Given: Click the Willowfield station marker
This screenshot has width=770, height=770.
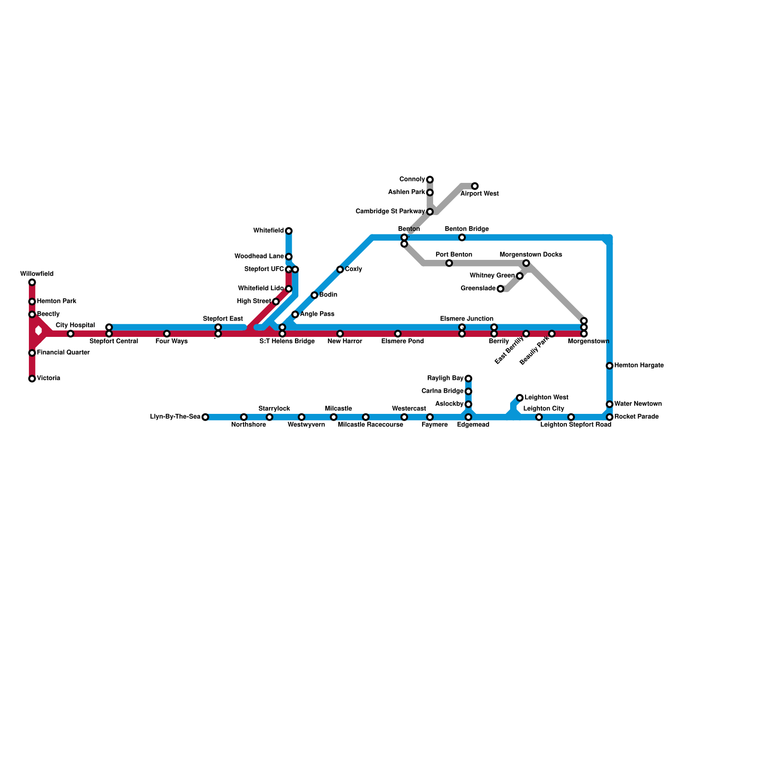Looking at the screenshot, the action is click(32, 282).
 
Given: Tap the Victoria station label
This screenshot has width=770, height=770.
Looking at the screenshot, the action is click(49, 378).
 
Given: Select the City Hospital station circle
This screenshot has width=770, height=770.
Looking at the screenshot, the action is click(70, 334).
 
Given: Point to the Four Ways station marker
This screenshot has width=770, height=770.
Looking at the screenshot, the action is click(167, 334).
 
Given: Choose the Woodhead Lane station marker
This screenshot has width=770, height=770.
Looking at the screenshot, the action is click(289, 257).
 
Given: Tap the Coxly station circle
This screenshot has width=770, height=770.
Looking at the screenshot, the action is click(340, 269).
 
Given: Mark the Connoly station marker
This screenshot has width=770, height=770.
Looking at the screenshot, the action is click(430, 180).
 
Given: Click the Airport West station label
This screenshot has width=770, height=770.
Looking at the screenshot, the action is click(479, 194).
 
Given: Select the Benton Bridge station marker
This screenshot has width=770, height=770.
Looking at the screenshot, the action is click(462, 238).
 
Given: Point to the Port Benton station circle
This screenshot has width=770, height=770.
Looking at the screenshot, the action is click(449, 263).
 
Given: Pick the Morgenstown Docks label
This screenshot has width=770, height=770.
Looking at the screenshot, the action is click(531, 255).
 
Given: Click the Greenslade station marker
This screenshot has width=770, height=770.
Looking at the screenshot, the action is click(500, 289).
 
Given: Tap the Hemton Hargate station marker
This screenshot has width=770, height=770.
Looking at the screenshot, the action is click(609, 366).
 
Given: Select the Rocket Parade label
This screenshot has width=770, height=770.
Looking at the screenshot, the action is click(636, 417).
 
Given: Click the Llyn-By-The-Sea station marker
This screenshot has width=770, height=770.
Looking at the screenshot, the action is click(205, 417).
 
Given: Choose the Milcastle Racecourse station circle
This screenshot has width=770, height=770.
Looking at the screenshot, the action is click(366, 417).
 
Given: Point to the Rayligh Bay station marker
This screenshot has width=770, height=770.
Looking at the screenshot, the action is click(468, 379).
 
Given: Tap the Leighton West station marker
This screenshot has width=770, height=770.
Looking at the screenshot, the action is click(520, 398).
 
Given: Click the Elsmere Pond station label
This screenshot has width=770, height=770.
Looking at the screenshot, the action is click(402, 342).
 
